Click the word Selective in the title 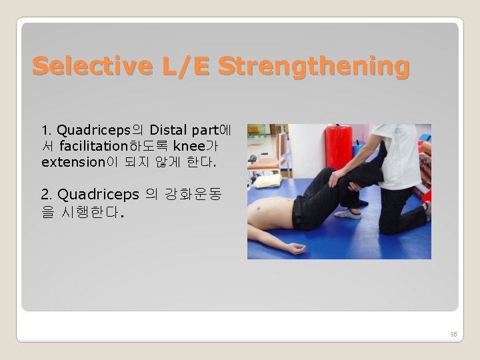(x=79, y=66)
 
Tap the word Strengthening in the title (x=313, y=66)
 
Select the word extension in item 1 (x=71, y=161)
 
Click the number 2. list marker (x=46, y=195)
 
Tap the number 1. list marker (x=46, y=129)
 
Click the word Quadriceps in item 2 (x=98, y=195)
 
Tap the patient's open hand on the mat (x=294, y=249)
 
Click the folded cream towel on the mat (x=268, y=180)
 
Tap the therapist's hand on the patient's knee (x=337, y=177)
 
